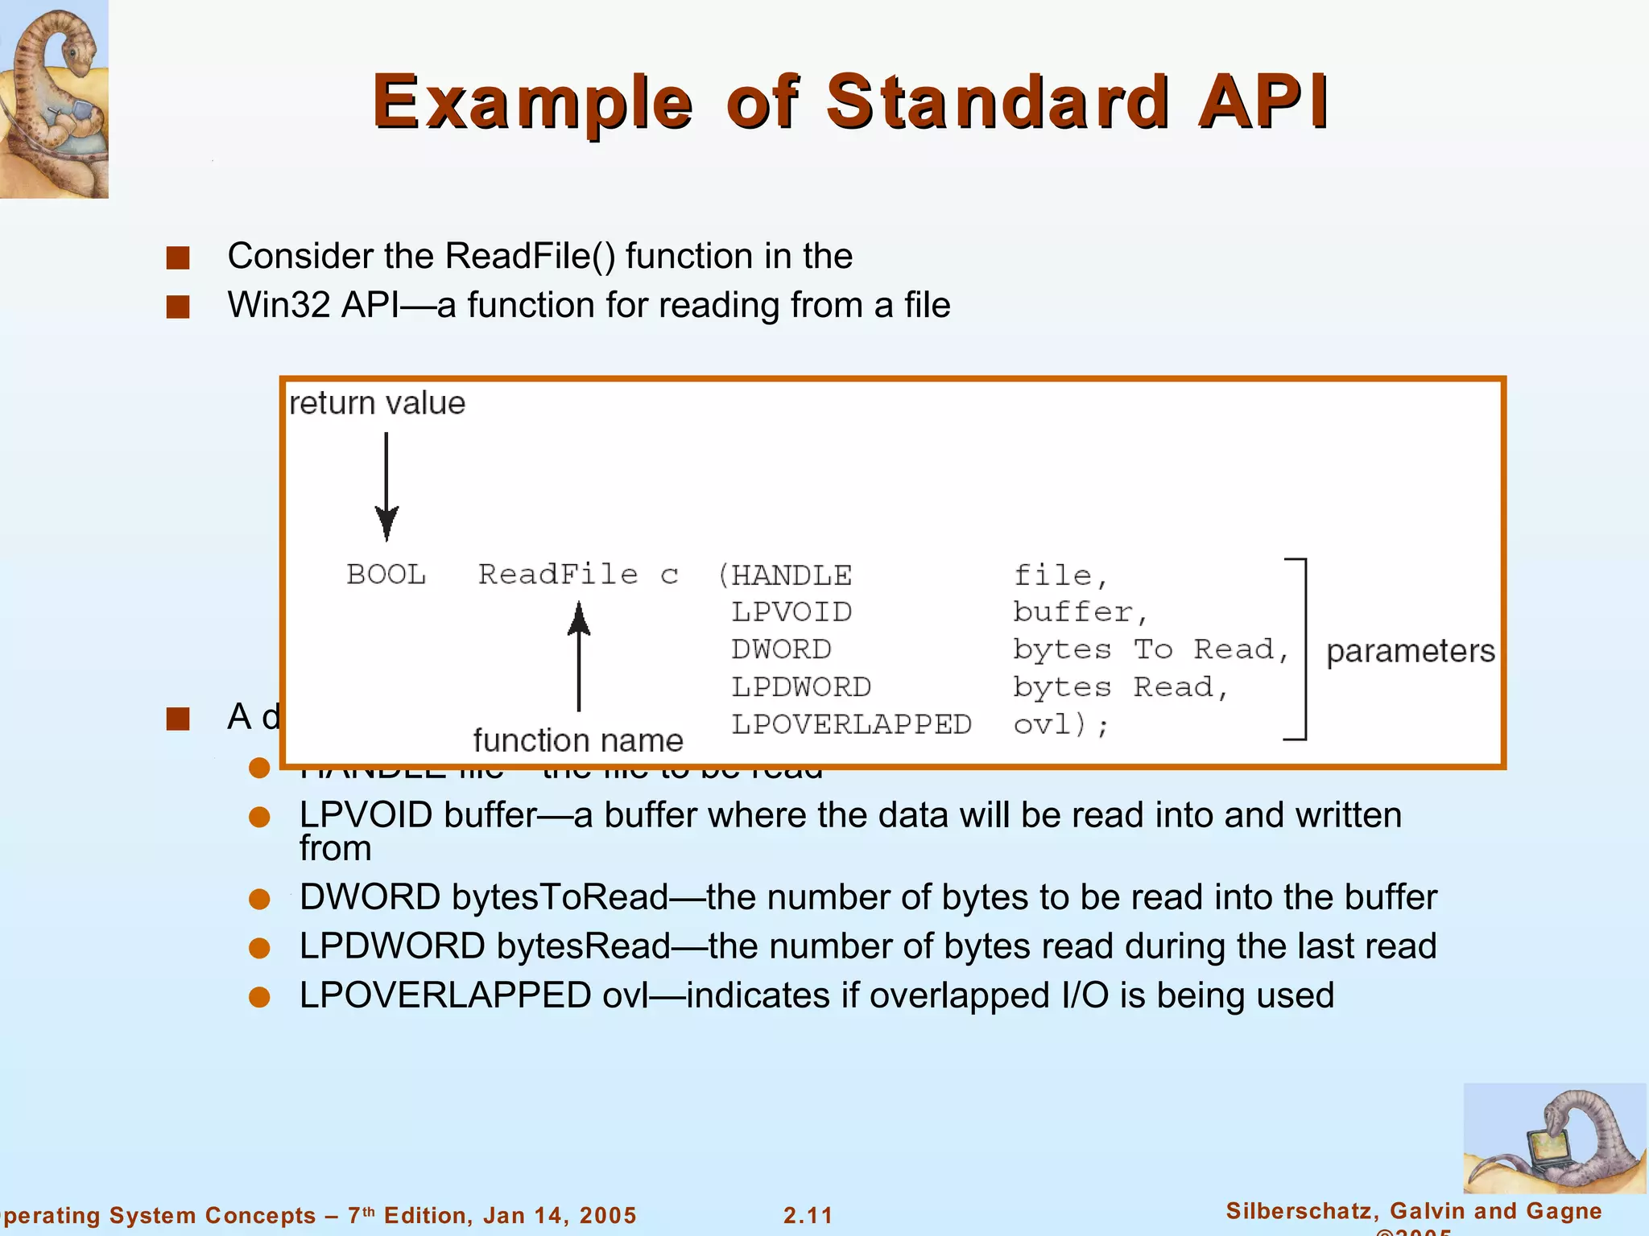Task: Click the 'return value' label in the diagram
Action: pos(377,403)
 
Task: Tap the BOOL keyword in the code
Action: pos(386,575)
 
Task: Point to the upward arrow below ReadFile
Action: pos(578,656)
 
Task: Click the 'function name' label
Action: pos(578,740)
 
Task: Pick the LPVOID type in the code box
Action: pos(791,612)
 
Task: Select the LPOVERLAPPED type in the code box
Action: pos(851,724)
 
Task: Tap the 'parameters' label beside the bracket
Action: pos(1410,651)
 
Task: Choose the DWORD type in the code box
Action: pos(781,649)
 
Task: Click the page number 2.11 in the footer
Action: pos(808,1215)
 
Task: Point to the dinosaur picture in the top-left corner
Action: pos(54,98)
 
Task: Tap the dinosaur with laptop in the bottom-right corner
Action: pos(1554,1139)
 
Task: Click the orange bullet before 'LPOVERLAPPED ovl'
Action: pos(259,997)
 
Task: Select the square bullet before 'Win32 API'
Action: pos(178,307)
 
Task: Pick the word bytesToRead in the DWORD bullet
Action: pos(560,897)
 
